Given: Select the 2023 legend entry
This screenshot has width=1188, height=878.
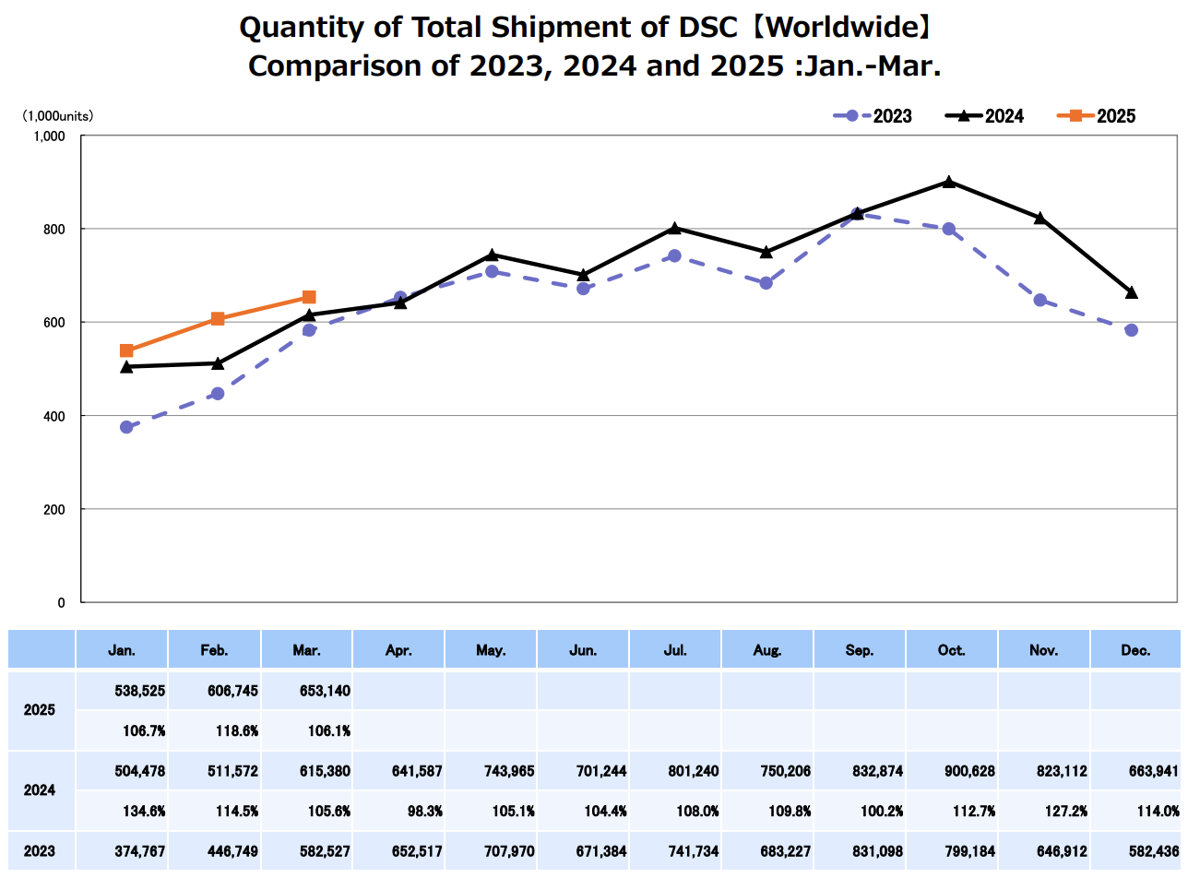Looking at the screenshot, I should coord(873,116).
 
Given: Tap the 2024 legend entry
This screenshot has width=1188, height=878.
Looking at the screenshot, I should coord(984,116).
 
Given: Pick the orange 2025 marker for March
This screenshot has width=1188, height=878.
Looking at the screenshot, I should coord(309,297).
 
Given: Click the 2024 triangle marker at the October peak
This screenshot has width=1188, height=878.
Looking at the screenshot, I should coord(949,182).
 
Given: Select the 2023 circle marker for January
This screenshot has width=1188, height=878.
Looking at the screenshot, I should coord(126,427).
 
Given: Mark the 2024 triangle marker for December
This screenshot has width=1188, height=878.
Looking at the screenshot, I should coord(1132,292).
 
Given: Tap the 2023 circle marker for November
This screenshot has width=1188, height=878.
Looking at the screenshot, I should coord(1040,300).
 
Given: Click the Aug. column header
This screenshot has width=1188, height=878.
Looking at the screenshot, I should coord(766,650).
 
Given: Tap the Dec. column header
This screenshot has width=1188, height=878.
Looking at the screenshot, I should coord(1135,650).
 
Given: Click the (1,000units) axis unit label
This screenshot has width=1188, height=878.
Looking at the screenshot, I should coord(58,116).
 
